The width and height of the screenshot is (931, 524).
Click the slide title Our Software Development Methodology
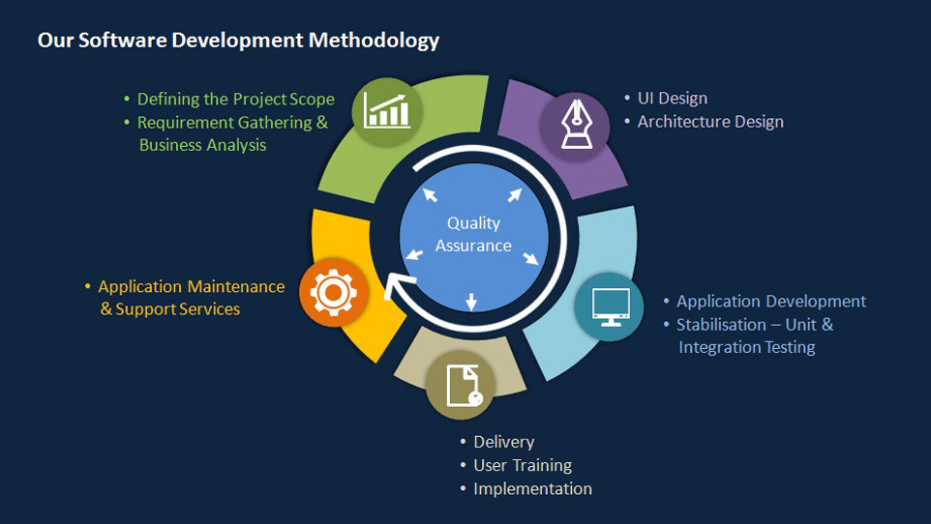[x=238, y=41]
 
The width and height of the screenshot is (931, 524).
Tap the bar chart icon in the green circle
[x=387, y=111]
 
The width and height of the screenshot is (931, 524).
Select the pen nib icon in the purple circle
[x=577, y=124]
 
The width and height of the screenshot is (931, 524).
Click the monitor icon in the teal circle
[x=611, y=306]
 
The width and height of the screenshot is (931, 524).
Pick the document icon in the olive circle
[x=464, y=386]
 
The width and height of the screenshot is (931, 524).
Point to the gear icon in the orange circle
[x=334, y=292]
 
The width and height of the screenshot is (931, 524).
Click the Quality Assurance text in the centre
[x=473, y=234]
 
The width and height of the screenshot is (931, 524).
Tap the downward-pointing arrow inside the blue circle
[x=471, y=302]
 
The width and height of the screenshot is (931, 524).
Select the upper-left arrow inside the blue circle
[x=430, y=194]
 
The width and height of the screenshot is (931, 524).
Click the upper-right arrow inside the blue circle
[x=515, y=194]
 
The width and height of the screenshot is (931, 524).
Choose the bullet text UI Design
[x=673, y=98]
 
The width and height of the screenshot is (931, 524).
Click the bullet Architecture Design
[x=710, y=122]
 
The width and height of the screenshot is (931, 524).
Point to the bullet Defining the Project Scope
[x=236, y=100]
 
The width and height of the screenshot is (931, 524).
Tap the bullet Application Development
[x=771, y=302]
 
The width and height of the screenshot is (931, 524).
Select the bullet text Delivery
[x=504, y=442]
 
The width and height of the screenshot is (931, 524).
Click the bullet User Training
[x=523, y=465]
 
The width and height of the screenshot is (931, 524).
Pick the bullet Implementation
[x=532, y=489]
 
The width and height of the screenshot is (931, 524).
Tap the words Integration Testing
[x=747, y=347]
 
